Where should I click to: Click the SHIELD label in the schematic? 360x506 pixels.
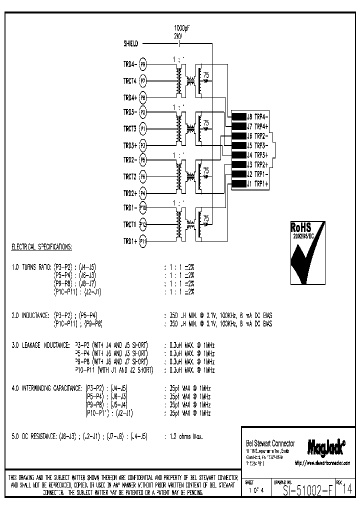[x=131, y=43]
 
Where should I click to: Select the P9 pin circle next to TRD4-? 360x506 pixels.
[x=142, y=64]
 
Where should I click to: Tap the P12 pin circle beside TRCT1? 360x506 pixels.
[x=142, y=224]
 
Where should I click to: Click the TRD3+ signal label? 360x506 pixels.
[x=130, y=145]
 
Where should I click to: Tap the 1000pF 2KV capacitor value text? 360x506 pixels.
[x=181, y=32]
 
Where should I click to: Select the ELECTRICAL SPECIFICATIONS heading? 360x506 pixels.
[x=41, y=247]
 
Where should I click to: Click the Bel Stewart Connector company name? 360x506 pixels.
[x=270, y=443]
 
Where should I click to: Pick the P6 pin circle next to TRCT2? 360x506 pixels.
[x=142, y=176]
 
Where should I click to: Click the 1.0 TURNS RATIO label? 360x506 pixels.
[x=31, y=268]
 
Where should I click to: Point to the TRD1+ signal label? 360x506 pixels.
[x=130, y=241]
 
